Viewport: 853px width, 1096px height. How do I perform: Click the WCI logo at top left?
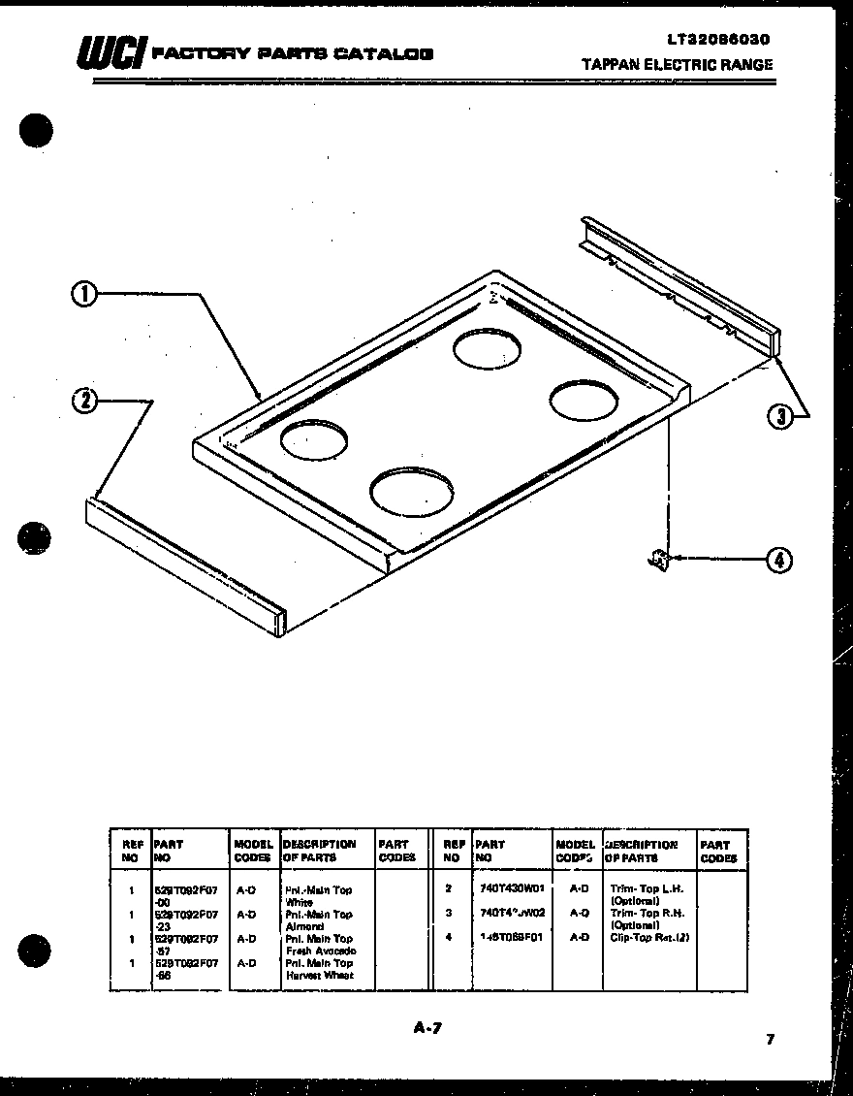[x=111, y=51]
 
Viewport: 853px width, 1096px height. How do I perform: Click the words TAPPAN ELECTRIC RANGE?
[x=677, y=65]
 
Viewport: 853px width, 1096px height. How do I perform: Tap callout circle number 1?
[x=84, y=294]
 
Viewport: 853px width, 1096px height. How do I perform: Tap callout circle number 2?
[x=85, y=400]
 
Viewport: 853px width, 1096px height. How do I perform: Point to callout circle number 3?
[x=779, y=416]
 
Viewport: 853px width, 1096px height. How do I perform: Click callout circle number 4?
[x=778, y=559]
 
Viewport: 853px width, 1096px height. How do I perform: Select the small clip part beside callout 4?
[x=658, y=559]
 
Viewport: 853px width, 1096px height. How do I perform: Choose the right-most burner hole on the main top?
[x=584, y=399]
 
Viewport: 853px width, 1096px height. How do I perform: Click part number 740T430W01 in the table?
[x=511, y=887]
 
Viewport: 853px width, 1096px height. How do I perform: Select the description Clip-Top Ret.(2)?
[x=649, y=937]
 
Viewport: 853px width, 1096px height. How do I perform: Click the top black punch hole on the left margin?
[x=35, y=130]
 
